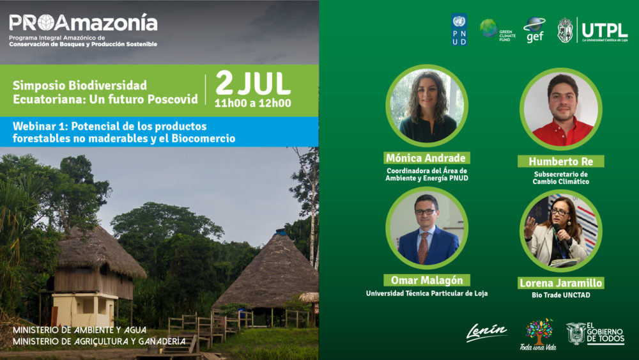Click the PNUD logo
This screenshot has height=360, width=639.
(x=459, y=29)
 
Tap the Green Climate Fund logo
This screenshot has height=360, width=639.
(x=497, y=30)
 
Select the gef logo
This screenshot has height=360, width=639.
(x=535, y=30)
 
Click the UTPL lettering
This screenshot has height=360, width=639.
(x=604, y=30)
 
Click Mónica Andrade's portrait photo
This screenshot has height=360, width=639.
(x=427, y=106)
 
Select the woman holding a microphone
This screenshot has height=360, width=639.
(x=561, y=231)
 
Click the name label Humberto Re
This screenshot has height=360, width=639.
(x=561, y=161)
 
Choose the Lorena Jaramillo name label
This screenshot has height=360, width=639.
(x=561, y=283)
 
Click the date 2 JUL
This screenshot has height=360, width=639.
(x=253, y=84)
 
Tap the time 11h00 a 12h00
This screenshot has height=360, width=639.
(x=253, y=103)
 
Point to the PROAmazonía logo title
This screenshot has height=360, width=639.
(x=84, y=22)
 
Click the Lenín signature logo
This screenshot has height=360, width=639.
(x=486, y=332)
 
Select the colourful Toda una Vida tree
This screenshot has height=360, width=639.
(x=539, y=332)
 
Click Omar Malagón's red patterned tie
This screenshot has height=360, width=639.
(x=423, y=247)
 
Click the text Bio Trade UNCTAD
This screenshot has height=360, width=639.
(x=561, y=295)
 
